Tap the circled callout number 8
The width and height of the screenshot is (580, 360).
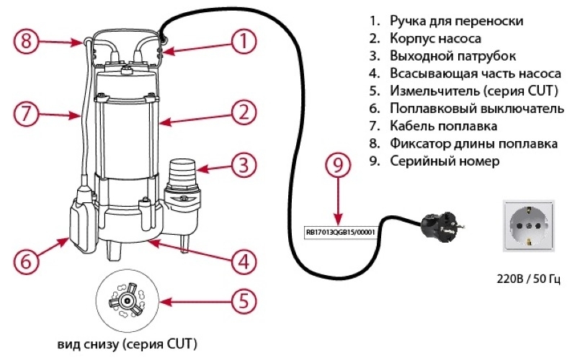tap(26, 41)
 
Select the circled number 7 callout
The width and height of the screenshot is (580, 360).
tap(26, 114)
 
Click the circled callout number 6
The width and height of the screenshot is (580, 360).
tap(26, 261)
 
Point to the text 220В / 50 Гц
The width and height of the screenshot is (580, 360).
tap(525, 278)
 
